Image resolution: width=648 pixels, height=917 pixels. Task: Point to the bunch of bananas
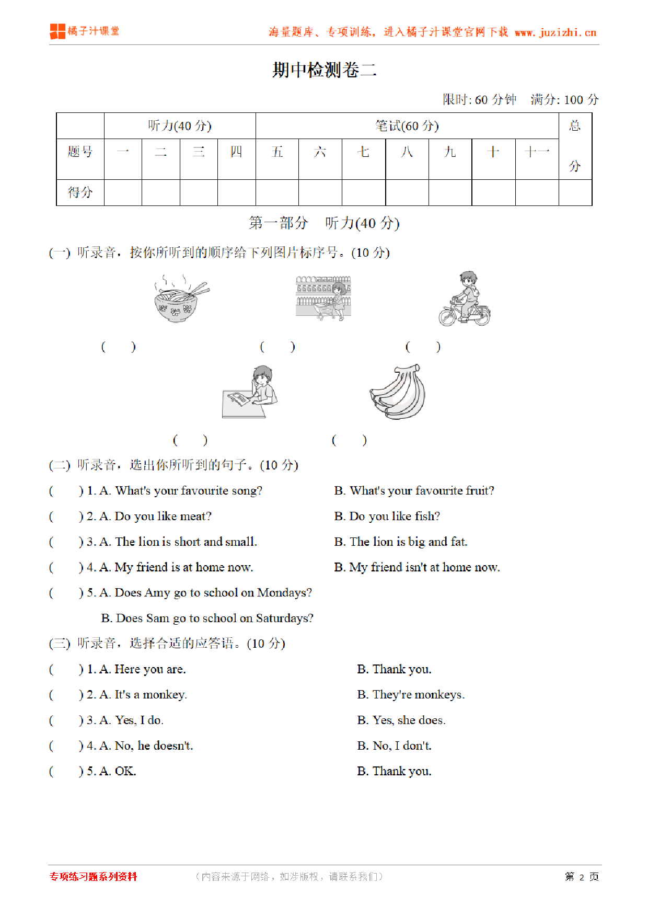click(x=398, y=392)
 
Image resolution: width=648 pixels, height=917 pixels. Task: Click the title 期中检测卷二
click(x=324, y=70)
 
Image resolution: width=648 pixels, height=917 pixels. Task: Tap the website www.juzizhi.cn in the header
click(x=556, y=32)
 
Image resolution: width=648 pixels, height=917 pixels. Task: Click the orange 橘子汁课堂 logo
click(x=85, y=31)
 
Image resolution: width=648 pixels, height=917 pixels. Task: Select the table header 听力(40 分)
click(x=180, y=126)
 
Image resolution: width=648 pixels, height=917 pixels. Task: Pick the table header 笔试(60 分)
click(x=407, y=126)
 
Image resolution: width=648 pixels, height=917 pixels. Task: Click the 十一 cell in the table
click(x=537, y=152)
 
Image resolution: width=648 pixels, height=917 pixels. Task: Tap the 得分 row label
click(x=80, y=192)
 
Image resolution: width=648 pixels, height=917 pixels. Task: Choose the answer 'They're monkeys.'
click(x=418, y=695)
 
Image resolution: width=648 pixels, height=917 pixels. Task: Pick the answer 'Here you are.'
click(x=150, y=669)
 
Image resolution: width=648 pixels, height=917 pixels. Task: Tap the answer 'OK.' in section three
click(x=125, y=771)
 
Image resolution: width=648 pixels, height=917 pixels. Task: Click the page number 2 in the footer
click(x=582, y=877)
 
